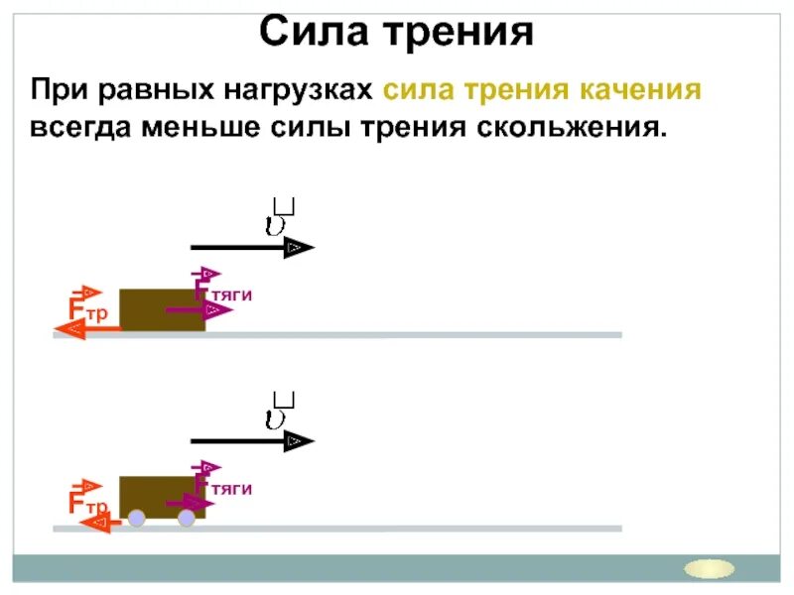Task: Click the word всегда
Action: [80, 128]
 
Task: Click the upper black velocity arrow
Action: [252, 248]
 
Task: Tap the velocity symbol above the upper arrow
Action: [279, 219]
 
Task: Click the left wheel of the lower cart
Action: [137, 517]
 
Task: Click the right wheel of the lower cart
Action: [186, 517]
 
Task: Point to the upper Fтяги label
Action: [222, 294]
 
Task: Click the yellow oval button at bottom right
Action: [711, 568]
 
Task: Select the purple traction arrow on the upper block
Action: [198, 310]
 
